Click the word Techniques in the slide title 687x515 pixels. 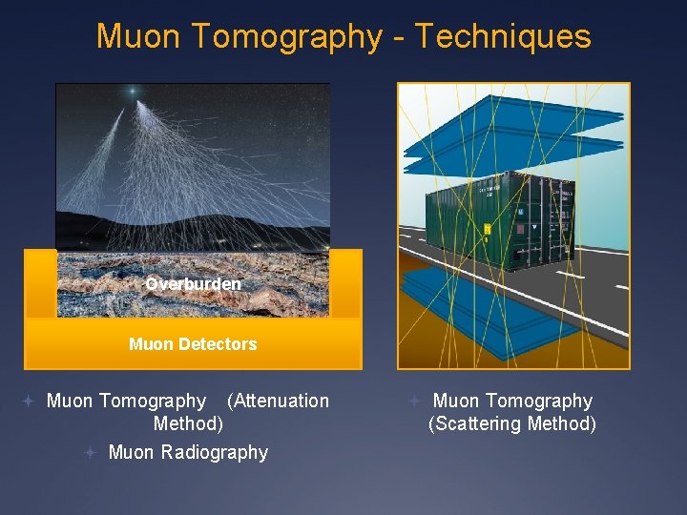tap(503, 36)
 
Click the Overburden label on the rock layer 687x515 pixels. tap(193, 284)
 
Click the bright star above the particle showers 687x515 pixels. tap(133, 92)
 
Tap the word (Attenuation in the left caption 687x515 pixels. tap(278, 402)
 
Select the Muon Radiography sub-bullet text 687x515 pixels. tap(188, 452)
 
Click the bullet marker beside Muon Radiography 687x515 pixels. tap(89, 452)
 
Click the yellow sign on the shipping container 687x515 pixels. tap(487, 229)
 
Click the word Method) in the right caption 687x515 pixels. tap(563, 424)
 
